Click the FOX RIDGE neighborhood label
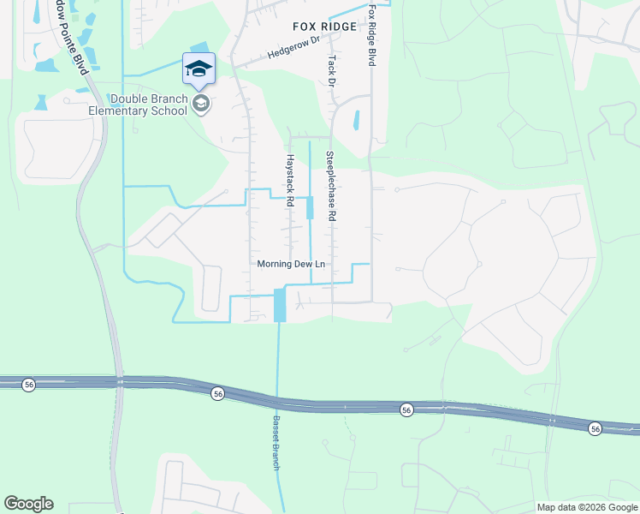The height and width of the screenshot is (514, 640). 323,27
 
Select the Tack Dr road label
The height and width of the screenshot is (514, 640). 330,70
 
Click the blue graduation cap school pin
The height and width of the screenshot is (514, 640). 199,69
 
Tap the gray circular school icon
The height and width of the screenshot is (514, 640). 201,105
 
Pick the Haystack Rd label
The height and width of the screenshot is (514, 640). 290,181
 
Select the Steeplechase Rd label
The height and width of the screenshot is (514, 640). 329,187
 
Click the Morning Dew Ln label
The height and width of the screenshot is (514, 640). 292,264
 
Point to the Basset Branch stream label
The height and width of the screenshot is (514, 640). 276,434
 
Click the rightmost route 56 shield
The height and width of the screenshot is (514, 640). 596,427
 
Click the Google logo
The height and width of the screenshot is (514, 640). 28,504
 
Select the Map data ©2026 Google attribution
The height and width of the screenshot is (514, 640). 587,507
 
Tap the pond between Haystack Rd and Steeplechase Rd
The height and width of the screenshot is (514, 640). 310,207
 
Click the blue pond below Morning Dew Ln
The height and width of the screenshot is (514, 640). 280,305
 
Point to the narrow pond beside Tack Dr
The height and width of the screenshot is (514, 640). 356,121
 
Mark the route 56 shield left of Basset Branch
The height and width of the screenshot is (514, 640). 218,393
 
